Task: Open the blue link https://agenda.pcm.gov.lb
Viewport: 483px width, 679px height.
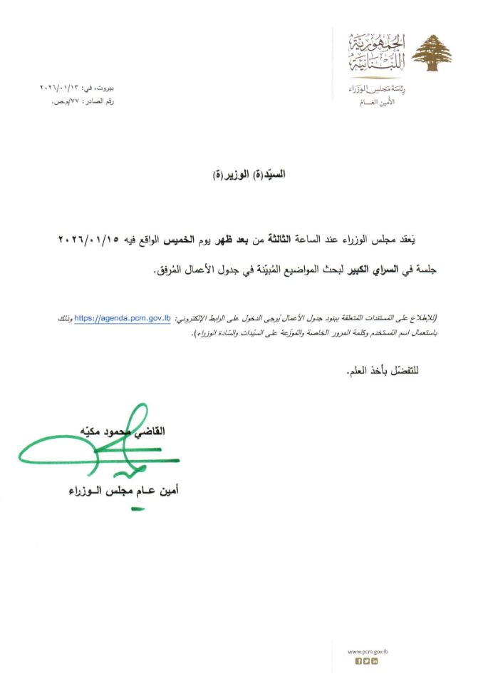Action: pos(122,318)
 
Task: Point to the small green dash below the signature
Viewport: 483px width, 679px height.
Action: pos(137,509)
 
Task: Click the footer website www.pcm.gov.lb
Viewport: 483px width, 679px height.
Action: pos(368,653)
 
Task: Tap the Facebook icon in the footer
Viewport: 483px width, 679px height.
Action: pos(358,662)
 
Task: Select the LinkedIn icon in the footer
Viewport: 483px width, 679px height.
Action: pos(375,662)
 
